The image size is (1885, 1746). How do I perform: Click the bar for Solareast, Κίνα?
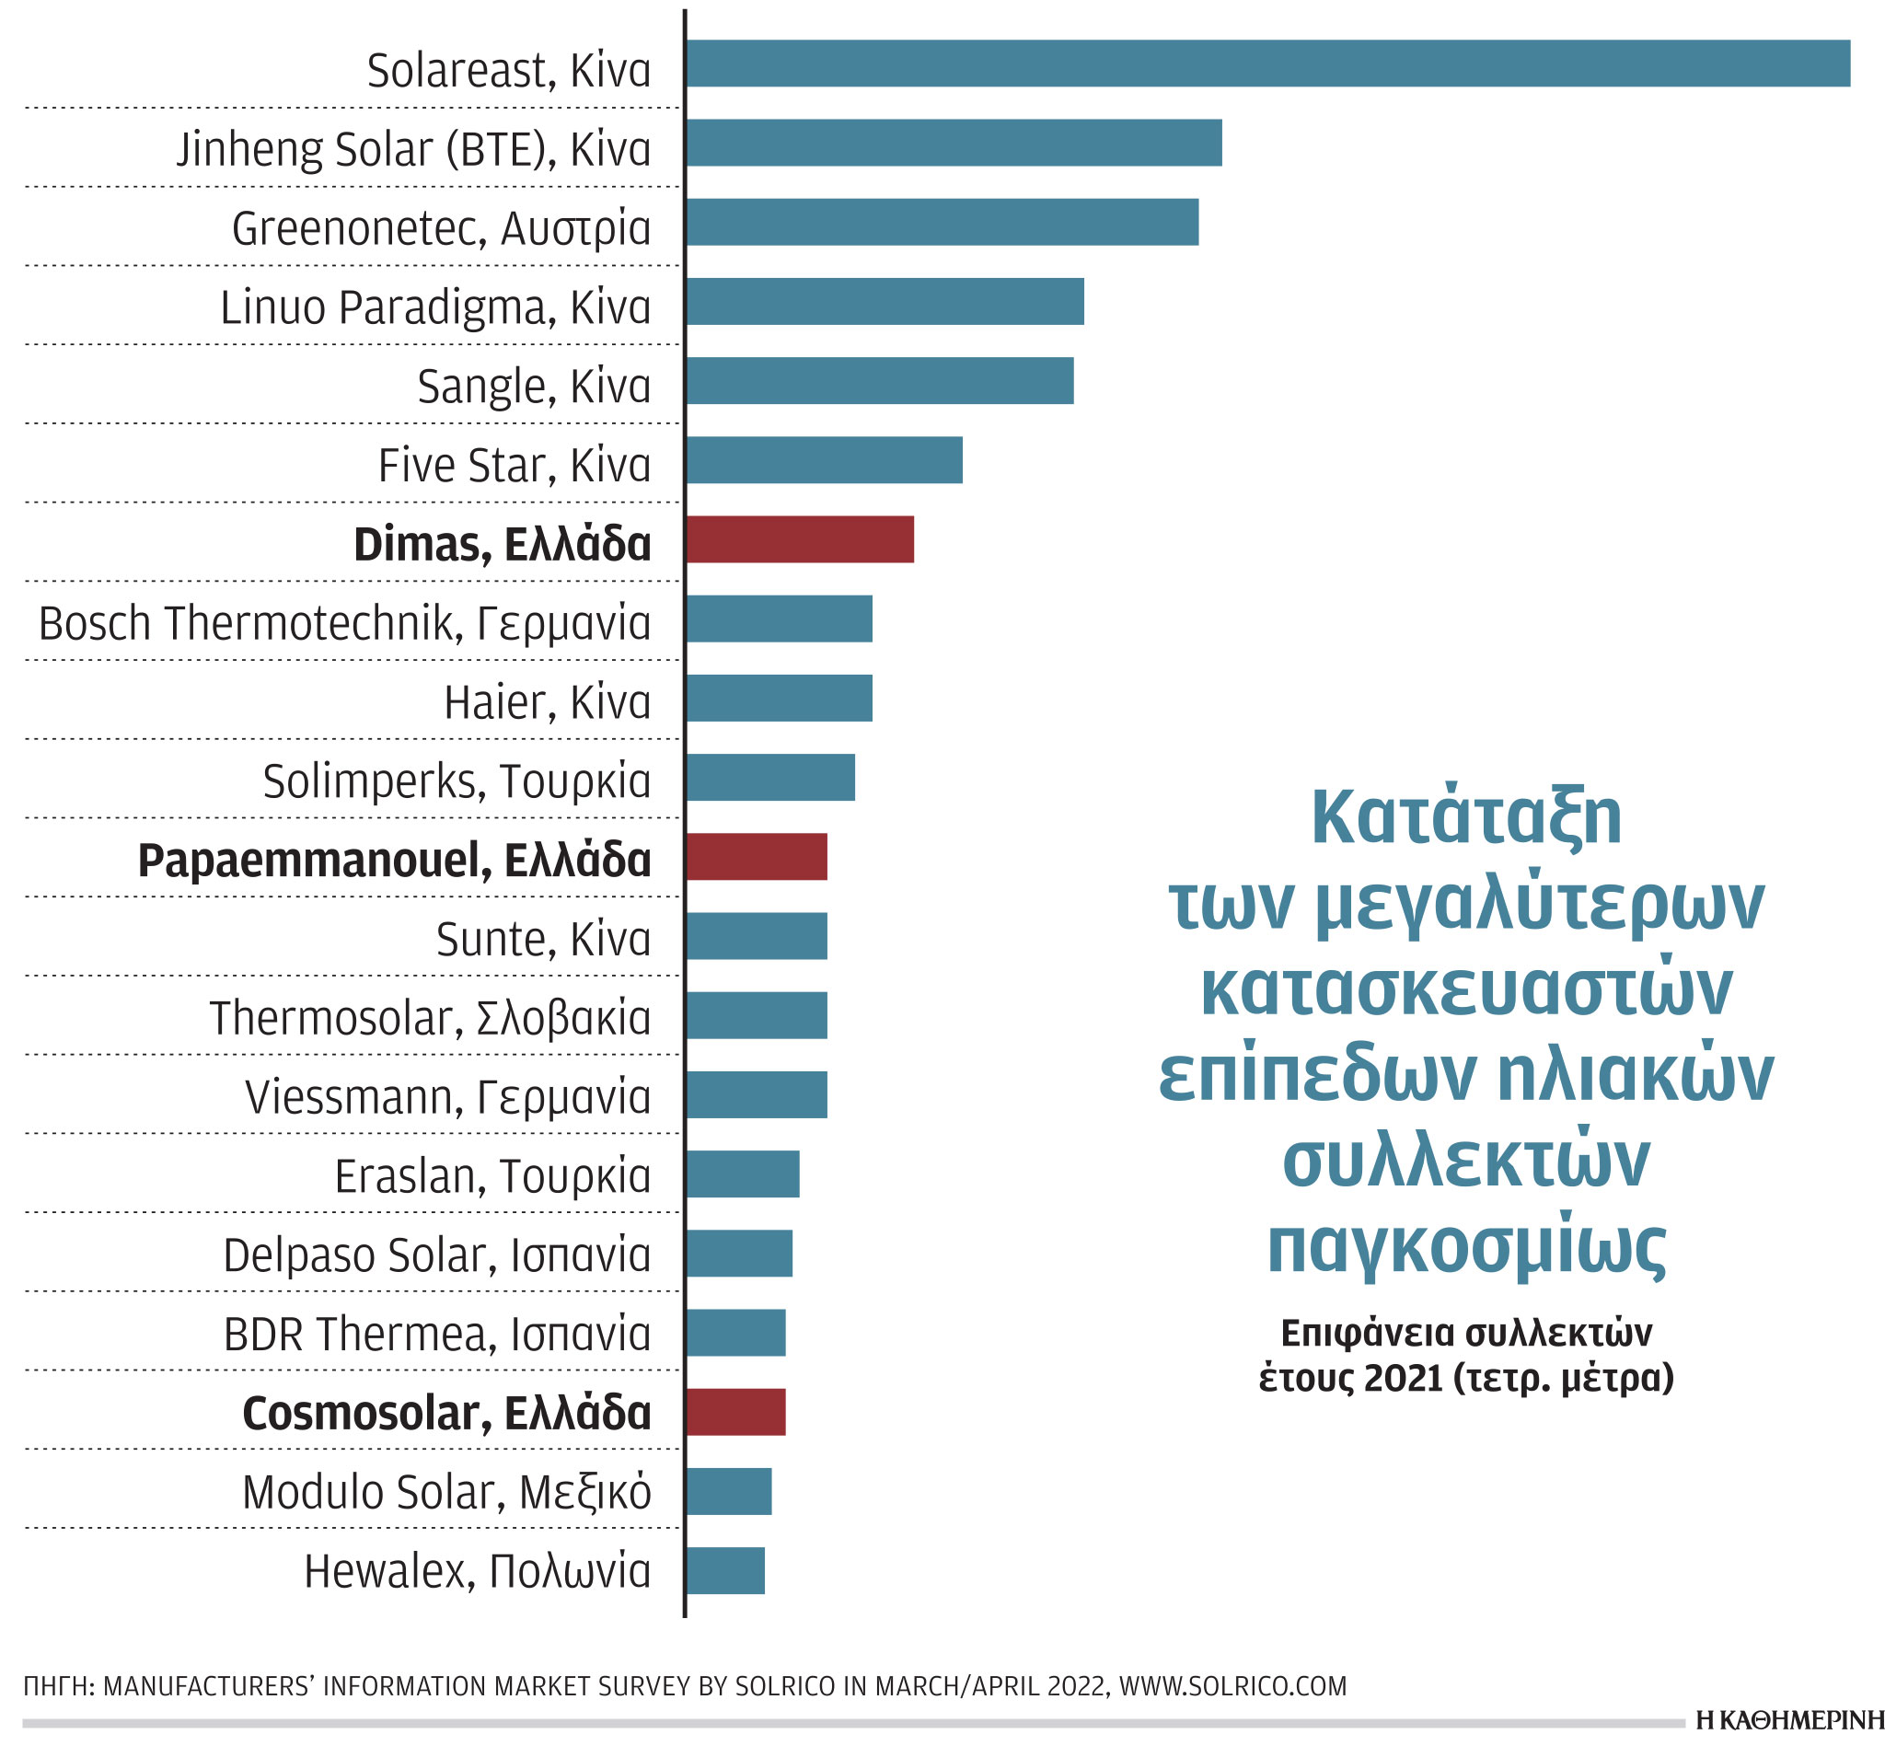click(x=1266, y=64)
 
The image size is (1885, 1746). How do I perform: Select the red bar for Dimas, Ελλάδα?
click(x=799, y=539)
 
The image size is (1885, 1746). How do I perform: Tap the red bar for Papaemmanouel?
click(x=756, y=857)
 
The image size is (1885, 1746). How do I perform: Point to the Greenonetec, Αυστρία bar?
click(x=941, y=222)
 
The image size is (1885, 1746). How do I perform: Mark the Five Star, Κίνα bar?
click(x=824, y=460)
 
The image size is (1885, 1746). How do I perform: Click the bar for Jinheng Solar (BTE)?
click(x=953, y=143)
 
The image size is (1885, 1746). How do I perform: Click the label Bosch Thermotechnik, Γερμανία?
click(x=344, y=624)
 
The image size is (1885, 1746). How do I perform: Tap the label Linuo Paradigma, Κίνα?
click(x=434, y=307)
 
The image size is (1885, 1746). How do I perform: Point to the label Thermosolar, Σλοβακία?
click(x=429, y=1019)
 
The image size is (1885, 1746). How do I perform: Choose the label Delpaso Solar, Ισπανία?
click(x=436, y=1255)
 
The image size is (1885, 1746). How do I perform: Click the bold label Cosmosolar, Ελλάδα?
click(x=446, y=1414)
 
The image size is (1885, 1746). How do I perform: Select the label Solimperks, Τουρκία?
click(x=457, y=781)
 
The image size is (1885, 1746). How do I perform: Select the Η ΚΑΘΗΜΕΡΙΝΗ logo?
click(x=1788, y=1721)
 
